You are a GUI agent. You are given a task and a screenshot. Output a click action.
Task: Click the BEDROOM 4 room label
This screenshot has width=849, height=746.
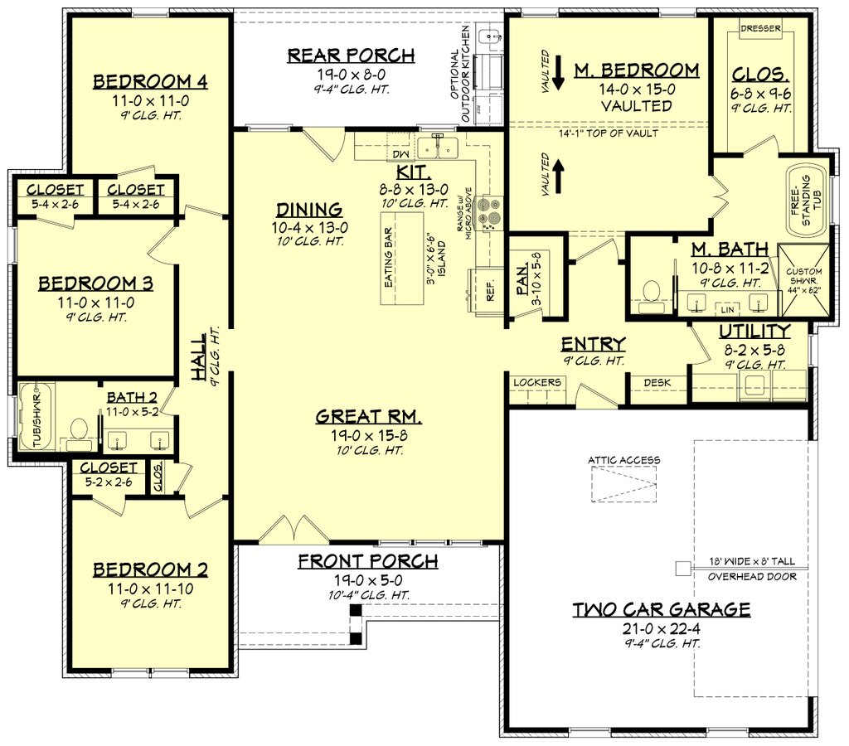pos(149,81)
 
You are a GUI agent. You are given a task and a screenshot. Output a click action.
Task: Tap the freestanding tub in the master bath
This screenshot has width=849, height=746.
pos(804,201)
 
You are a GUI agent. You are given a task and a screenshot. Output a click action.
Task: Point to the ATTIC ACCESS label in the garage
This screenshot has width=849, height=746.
pos(624,460)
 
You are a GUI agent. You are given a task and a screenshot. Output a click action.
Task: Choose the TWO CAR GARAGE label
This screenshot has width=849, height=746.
pos(662,610)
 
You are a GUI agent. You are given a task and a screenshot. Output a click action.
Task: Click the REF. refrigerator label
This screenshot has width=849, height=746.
pos(490,290)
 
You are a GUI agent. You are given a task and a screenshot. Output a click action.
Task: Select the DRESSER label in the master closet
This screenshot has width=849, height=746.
pos(760,28)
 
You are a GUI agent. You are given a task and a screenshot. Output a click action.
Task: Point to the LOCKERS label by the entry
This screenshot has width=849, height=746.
pos(537,382)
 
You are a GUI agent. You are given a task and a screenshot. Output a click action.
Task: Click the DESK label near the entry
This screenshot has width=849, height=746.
pos(657,382)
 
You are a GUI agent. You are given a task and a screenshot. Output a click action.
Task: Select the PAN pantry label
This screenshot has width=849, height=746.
pos(522,274)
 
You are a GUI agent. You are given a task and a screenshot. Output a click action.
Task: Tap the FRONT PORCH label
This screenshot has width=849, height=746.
pos(367,561)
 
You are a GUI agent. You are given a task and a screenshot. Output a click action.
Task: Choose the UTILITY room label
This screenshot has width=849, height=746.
pos(754,331)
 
